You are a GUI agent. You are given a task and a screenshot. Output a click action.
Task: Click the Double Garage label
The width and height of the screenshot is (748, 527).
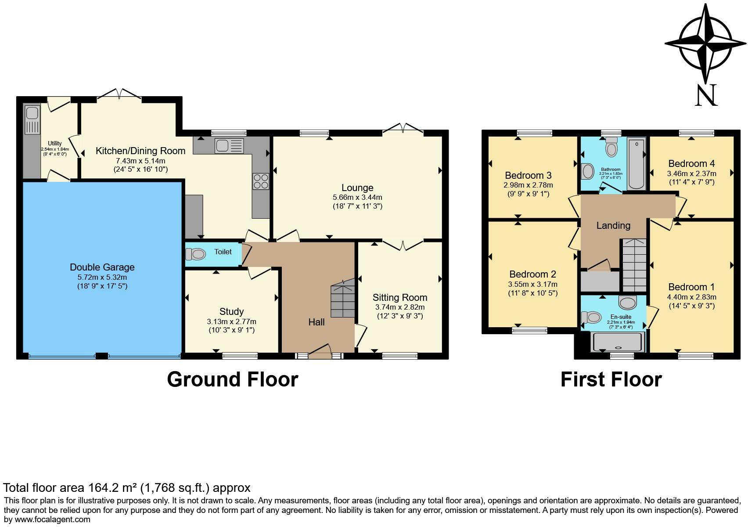point(102,267)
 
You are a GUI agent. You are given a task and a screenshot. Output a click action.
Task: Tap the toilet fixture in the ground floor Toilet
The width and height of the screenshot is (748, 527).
point(196,254)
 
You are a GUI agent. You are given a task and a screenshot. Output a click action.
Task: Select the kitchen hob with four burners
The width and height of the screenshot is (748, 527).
point(260,181)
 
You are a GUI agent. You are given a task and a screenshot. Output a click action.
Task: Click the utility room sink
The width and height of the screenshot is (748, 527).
point(32,120)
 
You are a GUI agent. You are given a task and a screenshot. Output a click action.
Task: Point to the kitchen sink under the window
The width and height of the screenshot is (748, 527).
point(229,146)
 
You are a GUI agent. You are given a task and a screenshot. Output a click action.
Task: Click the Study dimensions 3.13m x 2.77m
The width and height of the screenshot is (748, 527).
point(231,321)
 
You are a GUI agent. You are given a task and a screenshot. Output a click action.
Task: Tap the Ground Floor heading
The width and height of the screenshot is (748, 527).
point(232,379)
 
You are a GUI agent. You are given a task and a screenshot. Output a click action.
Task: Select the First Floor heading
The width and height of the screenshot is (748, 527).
point(611,379)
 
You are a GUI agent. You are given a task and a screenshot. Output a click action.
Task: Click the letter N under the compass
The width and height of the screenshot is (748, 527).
point(706,95)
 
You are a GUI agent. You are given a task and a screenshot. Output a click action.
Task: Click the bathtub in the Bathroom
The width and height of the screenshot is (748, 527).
point(636,163)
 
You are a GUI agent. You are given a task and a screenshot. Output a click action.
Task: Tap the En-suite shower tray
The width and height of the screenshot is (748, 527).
point(619,342)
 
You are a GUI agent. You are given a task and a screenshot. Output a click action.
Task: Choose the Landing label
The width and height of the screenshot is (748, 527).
point(613,226)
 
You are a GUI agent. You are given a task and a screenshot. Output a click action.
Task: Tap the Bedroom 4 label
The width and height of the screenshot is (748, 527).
point(691,164)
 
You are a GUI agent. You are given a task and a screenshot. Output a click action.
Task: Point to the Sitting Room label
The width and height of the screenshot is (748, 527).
point(399,297)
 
